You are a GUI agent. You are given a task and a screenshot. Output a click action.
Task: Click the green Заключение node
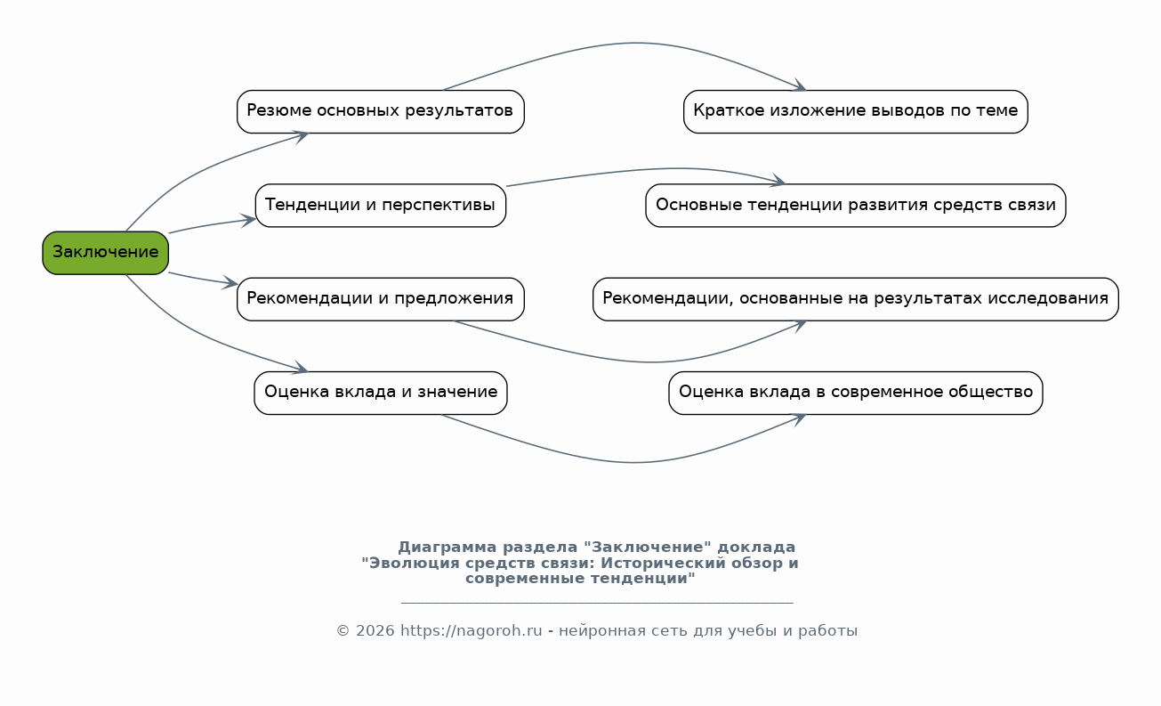[x=105, y=253]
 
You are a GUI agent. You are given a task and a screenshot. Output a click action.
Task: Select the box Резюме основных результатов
[x=380, y=111]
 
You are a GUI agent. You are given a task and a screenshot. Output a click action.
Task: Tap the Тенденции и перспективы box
[x=380, y=206]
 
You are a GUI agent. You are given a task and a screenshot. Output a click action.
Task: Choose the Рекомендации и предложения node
[x=380, y=299]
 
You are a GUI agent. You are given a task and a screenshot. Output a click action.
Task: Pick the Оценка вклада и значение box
[x=380, y=393]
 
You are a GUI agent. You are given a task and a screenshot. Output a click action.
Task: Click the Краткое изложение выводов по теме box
[x=855, y=111]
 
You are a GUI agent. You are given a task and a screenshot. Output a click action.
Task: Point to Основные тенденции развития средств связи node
[x=855, y=206]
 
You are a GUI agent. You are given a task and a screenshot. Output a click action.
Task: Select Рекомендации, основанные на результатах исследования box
[x=855, y=299]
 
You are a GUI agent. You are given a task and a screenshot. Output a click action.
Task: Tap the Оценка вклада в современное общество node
[x=855, y=393]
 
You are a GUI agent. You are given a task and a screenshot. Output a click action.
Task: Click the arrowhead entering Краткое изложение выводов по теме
[x=801, y=86]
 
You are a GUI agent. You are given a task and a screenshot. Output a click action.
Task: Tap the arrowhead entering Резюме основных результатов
[x=302, y=134]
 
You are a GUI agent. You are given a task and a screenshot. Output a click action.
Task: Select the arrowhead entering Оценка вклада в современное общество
[x=800, y=417]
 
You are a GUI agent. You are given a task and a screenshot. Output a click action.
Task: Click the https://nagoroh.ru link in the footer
[x=471, y=631]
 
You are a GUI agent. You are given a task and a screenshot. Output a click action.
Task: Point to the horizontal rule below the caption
[x=596, y=603]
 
